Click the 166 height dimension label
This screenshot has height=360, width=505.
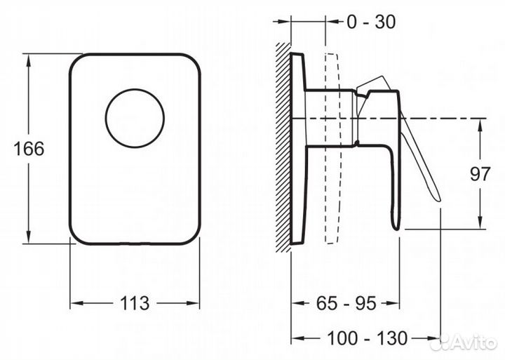click(29, 149)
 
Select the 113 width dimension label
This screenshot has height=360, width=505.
click(135, 303)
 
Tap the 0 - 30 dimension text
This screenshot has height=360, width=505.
click(371, 22)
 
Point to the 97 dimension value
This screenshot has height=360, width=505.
click(480, 174)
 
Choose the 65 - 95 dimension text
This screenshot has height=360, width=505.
click(346, 303)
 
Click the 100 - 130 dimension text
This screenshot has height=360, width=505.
click(367, 338)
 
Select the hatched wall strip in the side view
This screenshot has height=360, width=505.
click(283, 147)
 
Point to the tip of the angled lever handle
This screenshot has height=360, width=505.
click(439, 201)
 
